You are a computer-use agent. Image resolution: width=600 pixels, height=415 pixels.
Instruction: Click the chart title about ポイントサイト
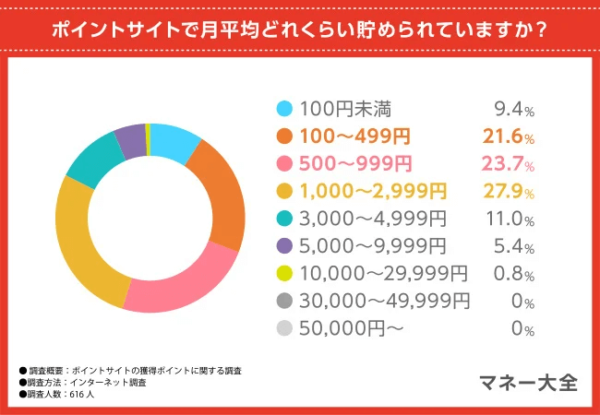(x=299, y=28)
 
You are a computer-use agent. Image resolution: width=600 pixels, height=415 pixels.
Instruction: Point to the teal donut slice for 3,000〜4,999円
(x=92, y=162)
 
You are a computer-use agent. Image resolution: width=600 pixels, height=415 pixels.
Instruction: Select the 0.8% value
(x=513, y=273)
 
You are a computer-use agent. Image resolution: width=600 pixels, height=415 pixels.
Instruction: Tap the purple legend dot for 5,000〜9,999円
(x=284, y=246)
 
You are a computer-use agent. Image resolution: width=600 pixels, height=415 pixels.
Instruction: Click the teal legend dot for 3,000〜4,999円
(x=284, y=219)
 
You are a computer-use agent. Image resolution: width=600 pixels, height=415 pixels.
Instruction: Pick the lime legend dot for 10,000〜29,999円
(x=284, y=274)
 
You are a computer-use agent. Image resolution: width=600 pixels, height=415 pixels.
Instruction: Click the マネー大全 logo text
(x=529, y=382)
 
